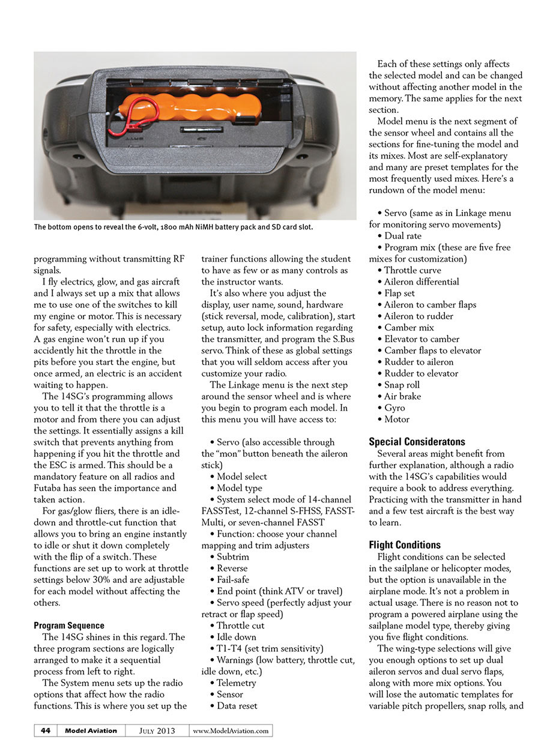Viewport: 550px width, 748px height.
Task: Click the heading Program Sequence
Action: (69, 626)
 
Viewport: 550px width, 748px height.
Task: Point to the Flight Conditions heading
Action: (405, 545)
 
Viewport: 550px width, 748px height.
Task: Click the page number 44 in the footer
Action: (46, 731)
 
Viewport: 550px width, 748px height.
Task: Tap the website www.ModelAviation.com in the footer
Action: (231, 731)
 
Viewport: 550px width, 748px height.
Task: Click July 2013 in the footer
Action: (157, 731)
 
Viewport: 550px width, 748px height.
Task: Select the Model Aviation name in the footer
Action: (91, 731)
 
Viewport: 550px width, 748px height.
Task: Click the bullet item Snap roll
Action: (402, 385)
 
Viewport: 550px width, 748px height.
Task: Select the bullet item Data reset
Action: (237, 706)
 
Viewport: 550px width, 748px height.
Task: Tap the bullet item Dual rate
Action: (403, 236)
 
